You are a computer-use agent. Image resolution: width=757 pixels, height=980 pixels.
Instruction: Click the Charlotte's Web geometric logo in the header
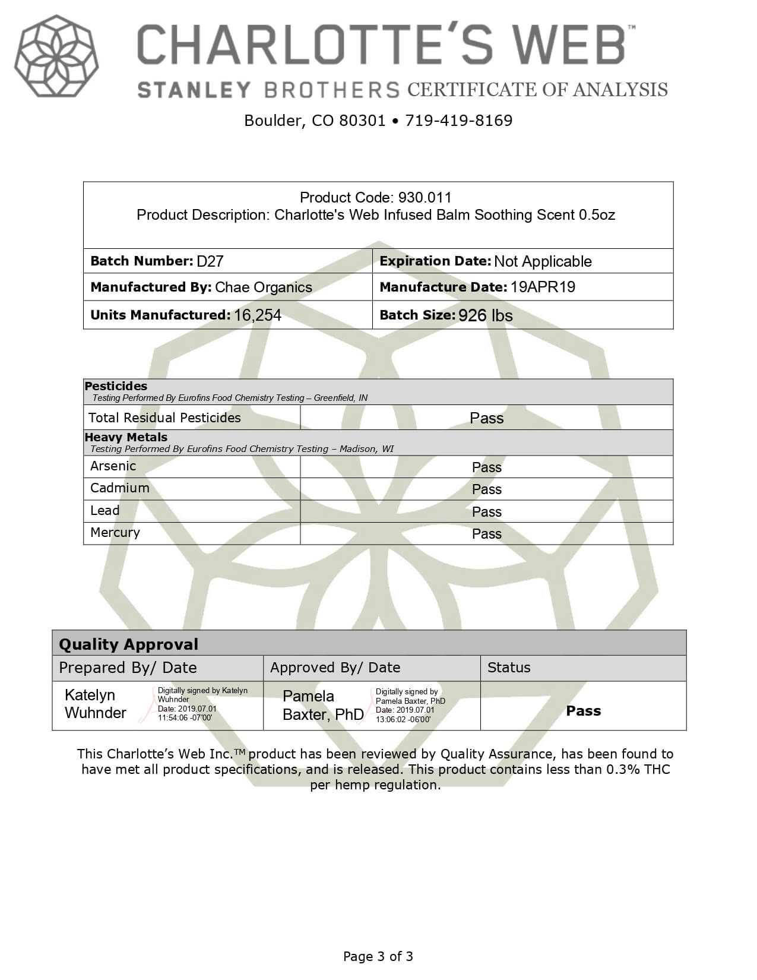coord(56,56)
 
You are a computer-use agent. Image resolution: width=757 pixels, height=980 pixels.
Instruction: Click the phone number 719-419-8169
coord(458,121)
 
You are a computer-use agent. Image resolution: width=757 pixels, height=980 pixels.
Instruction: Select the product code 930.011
coord(425,197)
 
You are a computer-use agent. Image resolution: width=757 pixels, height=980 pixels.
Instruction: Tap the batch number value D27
coord(210,261)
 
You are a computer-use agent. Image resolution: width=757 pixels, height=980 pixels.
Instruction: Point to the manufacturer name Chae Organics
coord(263,287)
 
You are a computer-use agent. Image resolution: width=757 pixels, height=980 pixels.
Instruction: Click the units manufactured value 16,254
coord(257,315)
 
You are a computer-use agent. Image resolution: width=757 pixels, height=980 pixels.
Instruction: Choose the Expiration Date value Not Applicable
coord(543,261)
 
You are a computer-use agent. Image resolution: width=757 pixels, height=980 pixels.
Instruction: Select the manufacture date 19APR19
coord(543,287)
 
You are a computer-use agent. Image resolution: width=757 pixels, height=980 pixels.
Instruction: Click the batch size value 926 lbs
coord(485,315)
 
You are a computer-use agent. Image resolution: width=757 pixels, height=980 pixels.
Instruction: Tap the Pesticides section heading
coord(116,386)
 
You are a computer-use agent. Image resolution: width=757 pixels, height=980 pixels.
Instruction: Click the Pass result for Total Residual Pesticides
coord(486,418)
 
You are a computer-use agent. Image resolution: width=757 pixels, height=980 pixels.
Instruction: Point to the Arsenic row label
coord(113,466)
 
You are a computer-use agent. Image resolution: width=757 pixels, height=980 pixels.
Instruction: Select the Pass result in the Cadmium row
coord(486,489)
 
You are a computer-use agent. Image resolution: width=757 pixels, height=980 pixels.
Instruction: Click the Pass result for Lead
coord(486,512)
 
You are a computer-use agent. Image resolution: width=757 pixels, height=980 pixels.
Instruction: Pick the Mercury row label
coord(115,533)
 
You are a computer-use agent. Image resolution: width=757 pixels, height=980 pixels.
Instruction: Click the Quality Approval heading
coord(128,644)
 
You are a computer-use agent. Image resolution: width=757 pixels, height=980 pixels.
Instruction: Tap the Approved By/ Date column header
coord(335,668)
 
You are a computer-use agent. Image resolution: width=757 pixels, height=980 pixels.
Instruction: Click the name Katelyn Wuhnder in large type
coord(95,704)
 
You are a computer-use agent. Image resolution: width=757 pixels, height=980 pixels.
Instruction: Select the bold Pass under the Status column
coord(583,711)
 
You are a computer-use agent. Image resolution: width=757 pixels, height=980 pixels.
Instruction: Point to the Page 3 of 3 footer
coord(378,956)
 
